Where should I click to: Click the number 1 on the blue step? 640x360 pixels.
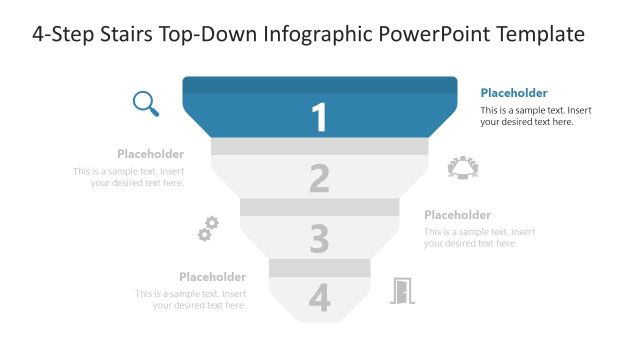319,118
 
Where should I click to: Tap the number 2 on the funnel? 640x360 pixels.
319,179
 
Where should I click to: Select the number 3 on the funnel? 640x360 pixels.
319,239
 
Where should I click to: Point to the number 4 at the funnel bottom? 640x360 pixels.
319,298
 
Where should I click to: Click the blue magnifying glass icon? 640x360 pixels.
146,103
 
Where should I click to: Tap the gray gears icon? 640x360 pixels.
208,229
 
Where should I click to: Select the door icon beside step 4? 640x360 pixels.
402,290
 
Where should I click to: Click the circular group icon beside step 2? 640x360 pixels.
464,168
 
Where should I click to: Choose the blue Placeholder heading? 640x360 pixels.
514,93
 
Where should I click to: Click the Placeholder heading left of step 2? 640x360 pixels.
150,154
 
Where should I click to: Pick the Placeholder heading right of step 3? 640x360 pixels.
457,215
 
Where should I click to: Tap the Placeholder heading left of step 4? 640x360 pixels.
213,277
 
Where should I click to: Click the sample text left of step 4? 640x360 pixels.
192,299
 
